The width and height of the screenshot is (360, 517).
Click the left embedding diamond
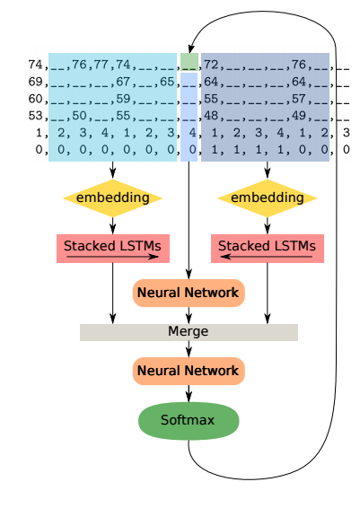coord(113,197)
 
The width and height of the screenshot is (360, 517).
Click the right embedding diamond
coord(268,197)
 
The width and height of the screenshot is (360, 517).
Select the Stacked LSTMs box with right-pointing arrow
coord(113,249)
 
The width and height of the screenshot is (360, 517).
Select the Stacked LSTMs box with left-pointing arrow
coord(268,249)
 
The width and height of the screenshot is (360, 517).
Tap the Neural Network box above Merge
coord(189,293)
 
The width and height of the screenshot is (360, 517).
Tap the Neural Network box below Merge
coord(189,371)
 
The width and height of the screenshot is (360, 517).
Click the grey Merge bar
coord(189,332)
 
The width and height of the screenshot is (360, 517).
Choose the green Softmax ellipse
coord(189,421)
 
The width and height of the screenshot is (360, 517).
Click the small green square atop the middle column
coord(189,62)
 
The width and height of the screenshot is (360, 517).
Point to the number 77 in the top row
coord(101,65)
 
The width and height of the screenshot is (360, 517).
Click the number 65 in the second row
coord(167,82)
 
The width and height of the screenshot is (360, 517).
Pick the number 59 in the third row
coord(123,99)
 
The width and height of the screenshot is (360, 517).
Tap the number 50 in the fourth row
coord(79,116)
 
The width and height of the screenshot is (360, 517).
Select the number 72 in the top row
coord(211,65)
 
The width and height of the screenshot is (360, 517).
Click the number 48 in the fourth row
coord(211,116)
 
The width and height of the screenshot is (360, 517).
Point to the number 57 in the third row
coord(299,99)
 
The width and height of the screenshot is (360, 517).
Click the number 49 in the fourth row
coord(299,116)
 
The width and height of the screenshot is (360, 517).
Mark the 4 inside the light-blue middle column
coord(192,133)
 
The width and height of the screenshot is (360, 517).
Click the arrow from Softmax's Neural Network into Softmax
coord(189,394)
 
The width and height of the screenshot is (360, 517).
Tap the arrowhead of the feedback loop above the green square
coord(190,48)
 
